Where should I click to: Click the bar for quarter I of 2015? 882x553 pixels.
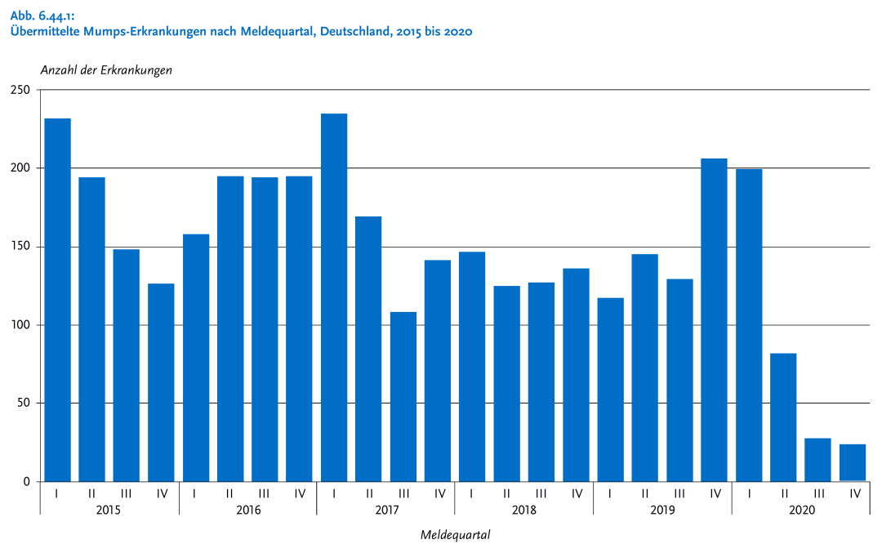coord(57,300)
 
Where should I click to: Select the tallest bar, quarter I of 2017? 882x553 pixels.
coord(334,297)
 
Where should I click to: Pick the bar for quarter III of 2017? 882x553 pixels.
coord(403,396)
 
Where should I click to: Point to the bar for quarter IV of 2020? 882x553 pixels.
coord(853,462)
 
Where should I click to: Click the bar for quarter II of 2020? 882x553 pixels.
coord(783,417)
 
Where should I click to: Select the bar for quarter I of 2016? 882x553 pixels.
coord(196,358)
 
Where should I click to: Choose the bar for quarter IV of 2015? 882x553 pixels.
coord(161,382)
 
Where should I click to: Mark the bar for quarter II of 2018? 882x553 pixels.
coord(506,383)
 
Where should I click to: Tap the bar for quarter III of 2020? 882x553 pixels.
coord(817,460)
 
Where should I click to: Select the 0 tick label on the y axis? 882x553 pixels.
coord(26,482)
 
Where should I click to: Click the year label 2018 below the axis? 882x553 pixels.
coord(524,510)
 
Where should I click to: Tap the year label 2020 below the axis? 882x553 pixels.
coord(801,510)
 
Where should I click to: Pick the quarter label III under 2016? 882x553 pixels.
coord(265,493)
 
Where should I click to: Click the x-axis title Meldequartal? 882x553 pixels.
coord(456,536)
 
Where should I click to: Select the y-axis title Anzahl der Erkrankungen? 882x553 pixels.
coord(106,70)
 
